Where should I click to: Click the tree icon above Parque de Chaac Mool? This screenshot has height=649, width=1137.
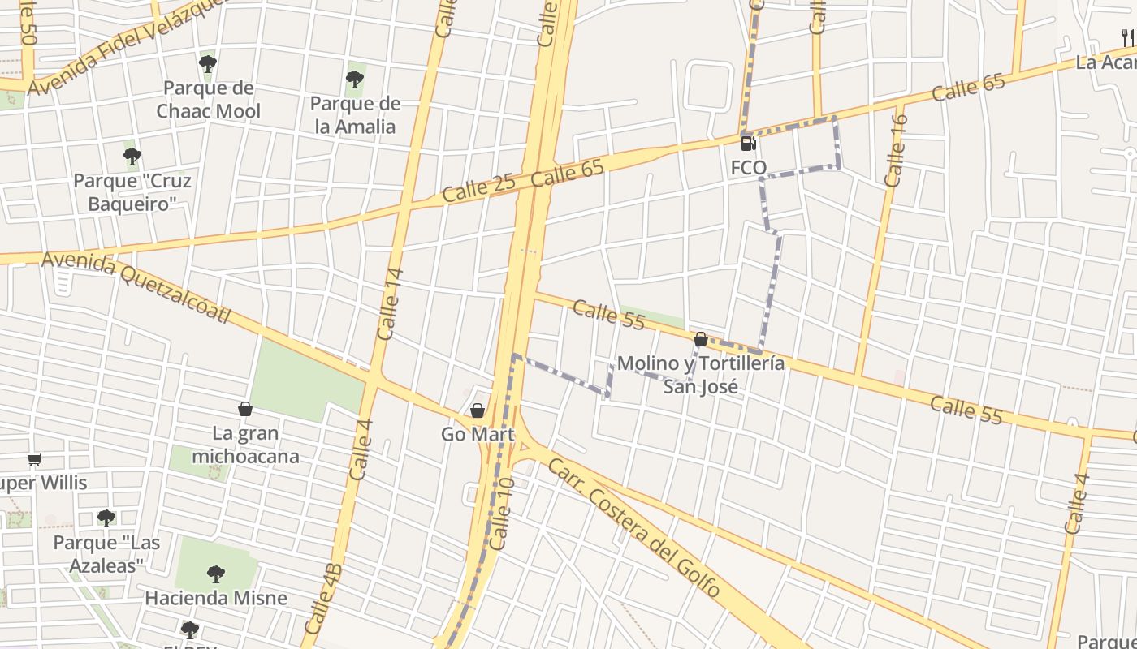(x=208, y=63)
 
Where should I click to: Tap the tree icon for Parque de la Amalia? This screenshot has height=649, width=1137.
(x=354, y=80)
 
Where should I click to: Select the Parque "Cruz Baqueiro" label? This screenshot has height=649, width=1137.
(x=132, y=191)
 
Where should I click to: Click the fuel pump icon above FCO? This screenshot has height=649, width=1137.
(x=748, y=144)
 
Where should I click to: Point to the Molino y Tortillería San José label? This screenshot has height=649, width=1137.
(x=701, y=374)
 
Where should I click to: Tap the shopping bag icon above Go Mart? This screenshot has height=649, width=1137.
(x=478, y=410)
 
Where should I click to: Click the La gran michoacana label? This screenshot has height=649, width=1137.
(x=245, y=445)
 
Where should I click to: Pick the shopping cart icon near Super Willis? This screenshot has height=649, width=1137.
(x=34, y=460)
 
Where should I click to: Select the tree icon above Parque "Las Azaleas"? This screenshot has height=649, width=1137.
(x=106, y=518)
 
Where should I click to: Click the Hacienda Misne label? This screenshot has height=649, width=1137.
(x=216, y=599)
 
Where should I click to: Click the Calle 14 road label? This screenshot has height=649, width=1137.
(x=391, y=303)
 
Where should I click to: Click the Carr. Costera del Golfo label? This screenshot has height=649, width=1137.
(x=633, y=528)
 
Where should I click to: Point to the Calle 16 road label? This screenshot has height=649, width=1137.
(x=897, y=150)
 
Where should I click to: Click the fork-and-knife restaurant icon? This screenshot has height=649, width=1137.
(x=1128, y=37)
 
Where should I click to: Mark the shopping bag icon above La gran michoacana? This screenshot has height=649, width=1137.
(x=245, y=410)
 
